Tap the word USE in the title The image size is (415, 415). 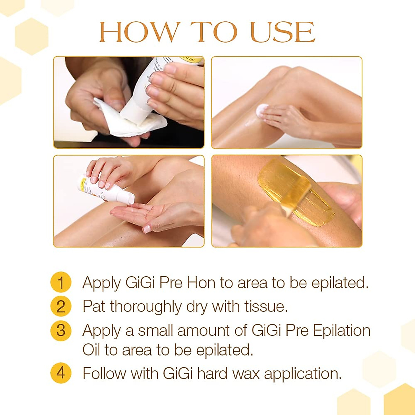pyautogui.click(x=282, y=32)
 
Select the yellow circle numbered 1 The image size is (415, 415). pyautogui.click(x=61, y=282)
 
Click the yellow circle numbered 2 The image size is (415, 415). pyautogui.click(x=61, y=306)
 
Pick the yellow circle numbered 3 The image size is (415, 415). pyautogui.click(x=61, y=330)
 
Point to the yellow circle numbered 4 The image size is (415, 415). pyautogui.click(x=61, y=373)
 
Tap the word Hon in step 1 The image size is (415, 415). pyautogui.click(x=201, y=283)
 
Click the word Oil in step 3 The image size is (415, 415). pyautogui.click(x=91, y=350)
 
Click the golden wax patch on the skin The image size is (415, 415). pyautogui.click(x=294, y=192)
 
